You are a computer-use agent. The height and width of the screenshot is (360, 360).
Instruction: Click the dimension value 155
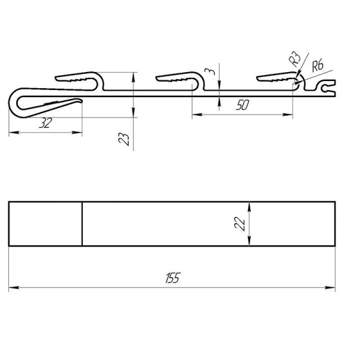click(x=173, y=278)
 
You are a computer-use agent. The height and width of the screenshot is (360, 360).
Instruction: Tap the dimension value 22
click(x=239, y=224)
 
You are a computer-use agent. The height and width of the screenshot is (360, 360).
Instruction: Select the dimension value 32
click(x=46, y=123)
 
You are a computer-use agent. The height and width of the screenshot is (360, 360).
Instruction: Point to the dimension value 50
click(x=242, y=105)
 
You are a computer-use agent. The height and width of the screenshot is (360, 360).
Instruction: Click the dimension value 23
click(x=124, y=139)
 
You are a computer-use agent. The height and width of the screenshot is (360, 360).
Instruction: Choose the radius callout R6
click(x=318, y=65)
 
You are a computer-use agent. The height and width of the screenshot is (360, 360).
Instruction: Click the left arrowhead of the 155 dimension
click(x=14, y=287)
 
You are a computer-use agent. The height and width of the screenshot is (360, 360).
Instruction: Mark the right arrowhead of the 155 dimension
click(x=330, y=287)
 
